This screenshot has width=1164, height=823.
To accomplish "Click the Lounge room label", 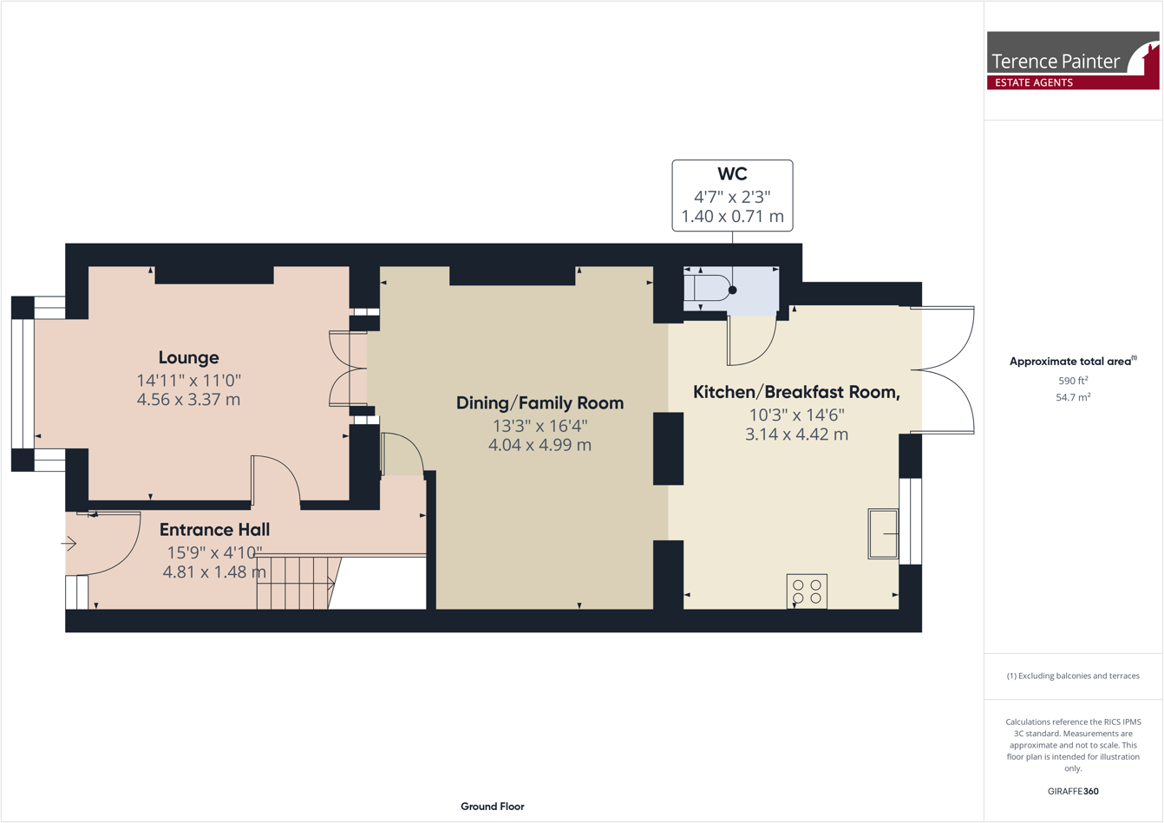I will (188, 357).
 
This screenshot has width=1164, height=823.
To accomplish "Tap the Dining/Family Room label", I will (539, 402).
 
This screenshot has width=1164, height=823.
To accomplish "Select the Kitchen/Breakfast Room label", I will (796, 392).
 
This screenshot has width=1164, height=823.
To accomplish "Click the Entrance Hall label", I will (214, 529).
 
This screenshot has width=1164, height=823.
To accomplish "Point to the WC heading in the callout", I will (732, 174).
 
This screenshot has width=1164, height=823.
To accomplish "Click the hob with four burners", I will (807, 591).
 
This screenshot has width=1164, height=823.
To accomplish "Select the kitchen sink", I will (883, 533).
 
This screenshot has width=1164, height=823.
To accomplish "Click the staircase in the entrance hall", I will (295, 583).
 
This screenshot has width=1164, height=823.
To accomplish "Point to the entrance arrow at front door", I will (69, 544).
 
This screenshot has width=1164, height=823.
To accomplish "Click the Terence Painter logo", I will (1072, 60).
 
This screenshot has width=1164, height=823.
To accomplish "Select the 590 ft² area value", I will (1072, 381).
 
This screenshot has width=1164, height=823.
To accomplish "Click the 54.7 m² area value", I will (1072, 397).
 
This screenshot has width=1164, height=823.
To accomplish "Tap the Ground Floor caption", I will (492, 807).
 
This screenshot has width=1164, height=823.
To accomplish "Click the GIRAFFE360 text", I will (1072, 791).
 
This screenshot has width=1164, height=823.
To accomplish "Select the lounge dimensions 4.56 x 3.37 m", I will (188, 400).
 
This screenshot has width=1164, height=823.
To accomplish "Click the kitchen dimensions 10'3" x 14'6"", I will (796, 415).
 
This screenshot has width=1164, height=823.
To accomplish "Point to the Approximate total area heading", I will (1072, 362).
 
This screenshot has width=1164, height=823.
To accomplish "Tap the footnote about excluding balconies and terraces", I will (1073, 676).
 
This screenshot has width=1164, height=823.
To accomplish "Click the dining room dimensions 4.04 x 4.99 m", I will (539, 445).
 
